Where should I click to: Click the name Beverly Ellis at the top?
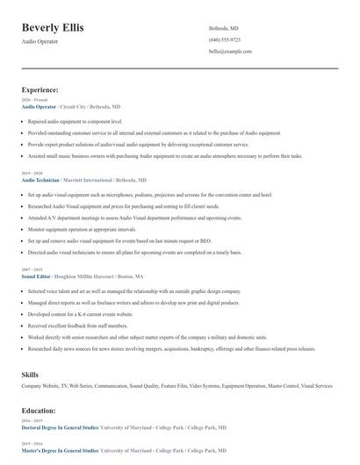(x=53, y=27)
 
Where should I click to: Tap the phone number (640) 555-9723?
(x=225, y=39)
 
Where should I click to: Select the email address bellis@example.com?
(x=230, y=52)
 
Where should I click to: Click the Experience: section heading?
(x=40, y=89)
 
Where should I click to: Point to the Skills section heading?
(x=30, y=375)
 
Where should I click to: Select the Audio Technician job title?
(x=40, y=179)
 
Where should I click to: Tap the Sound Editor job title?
(x=37, y=275)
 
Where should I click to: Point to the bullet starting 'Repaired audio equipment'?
(x=75, y=122)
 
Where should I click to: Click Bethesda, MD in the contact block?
(x=223, y=28)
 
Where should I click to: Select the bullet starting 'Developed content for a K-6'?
(x=81, y=312)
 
